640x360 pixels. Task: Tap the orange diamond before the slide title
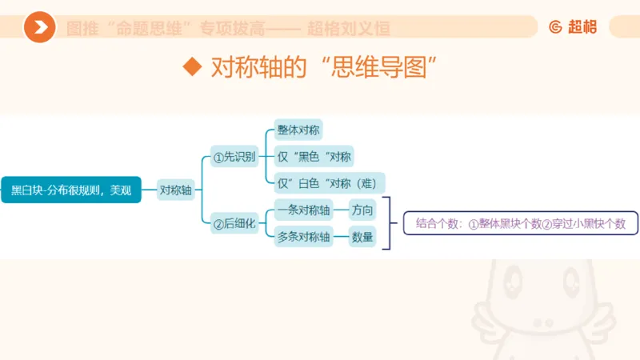191,66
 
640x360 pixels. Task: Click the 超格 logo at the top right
574,27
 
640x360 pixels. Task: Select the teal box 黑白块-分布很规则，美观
70,190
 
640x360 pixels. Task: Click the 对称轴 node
176,190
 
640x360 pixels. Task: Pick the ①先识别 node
234,157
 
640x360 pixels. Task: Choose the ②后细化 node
234,225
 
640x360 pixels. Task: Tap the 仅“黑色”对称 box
314,156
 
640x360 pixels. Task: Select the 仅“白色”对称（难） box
326,182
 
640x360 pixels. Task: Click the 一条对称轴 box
303,211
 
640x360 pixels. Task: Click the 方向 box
362,211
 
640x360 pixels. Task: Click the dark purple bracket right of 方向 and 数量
390,223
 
